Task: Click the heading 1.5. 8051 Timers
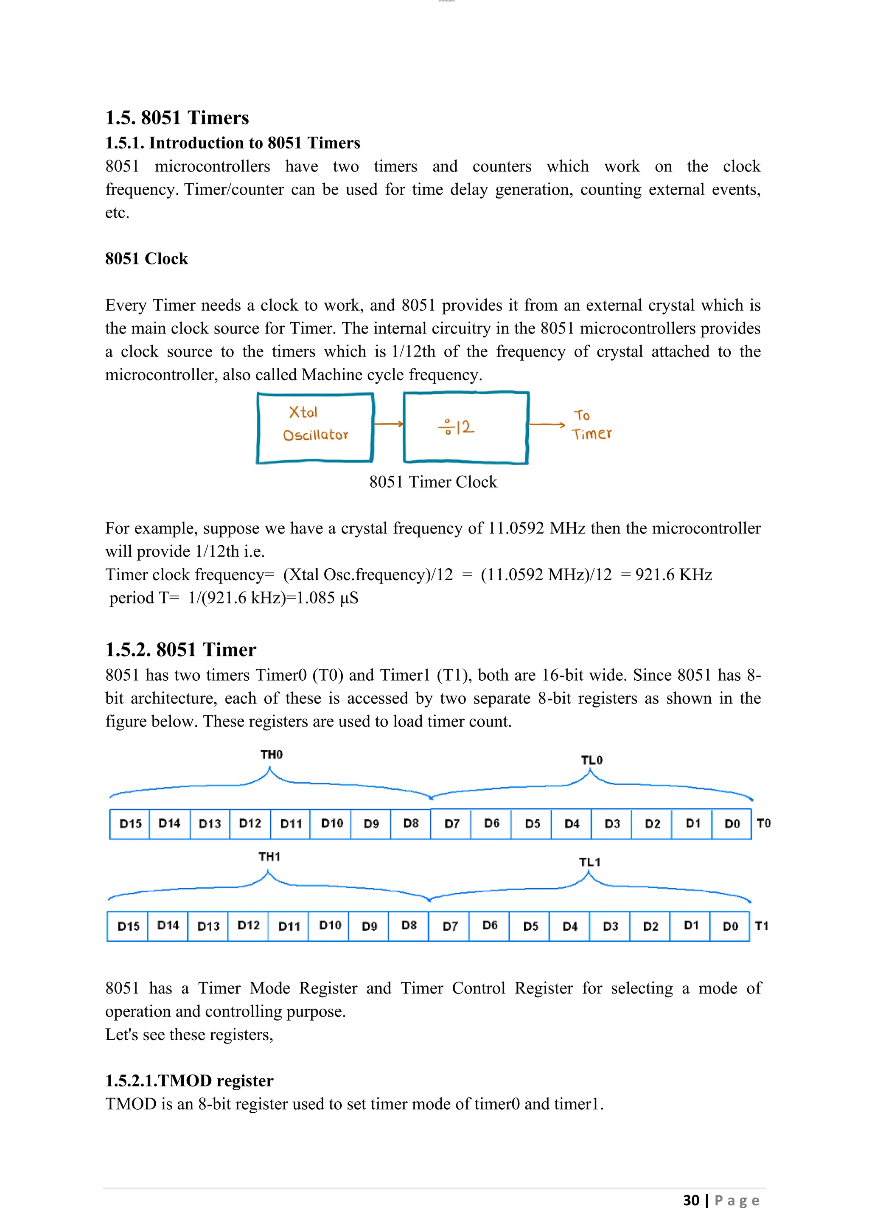click(177, 118)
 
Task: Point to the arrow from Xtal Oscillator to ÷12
click(389, 424)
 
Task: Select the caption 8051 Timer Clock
click(433, 482)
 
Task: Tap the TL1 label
click(590, 862)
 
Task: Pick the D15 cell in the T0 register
click(130, 824)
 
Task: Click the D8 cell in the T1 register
click(409, 926)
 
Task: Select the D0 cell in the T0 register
click(732, 824)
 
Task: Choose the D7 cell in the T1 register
click(450, 926)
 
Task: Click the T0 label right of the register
click(764, 823)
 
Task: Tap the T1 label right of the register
click(762, 926)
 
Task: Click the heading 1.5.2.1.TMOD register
click(189, 1081)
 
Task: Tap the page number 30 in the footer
click(691, 1200)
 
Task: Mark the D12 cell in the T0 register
click(250, 823)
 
